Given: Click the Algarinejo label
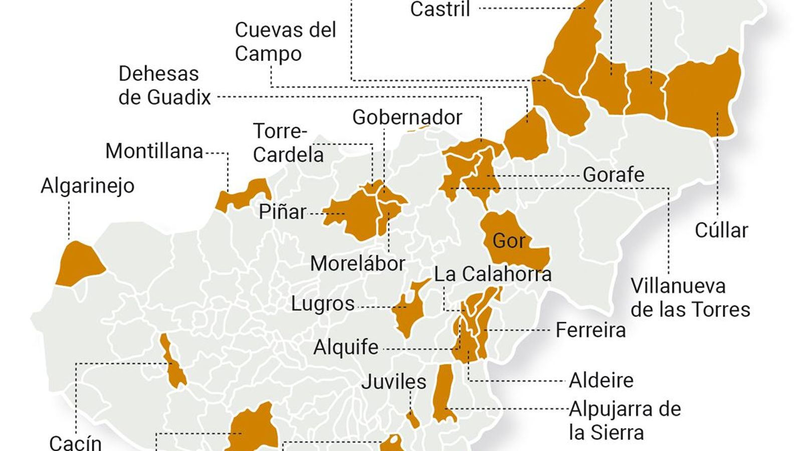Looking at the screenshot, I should tap(87, 186).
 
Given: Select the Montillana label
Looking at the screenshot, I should tap(154, 151).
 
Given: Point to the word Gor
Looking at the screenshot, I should tap(508, 241).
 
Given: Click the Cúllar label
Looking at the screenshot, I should tap(721, 231).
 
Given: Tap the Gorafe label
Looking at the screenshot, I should tap(613, 175).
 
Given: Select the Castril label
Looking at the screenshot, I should tap(440, 10).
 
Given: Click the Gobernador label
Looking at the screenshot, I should tap(407, 117).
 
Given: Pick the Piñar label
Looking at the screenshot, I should tap(282, 212).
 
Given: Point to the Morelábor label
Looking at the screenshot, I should tap(357, 264).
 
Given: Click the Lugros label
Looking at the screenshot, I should tap(323, 304).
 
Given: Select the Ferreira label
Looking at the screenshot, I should tap(590, 330).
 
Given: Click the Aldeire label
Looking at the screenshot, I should tap(600, 380).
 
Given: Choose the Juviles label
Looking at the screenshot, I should tap(393, 382).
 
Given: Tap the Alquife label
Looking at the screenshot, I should tap(346, 347).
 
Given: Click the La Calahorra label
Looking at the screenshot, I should tap(492, 274).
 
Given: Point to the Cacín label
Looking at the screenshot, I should tap(75, 442).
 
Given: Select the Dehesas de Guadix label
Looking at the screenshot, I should tap(164, 86).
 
